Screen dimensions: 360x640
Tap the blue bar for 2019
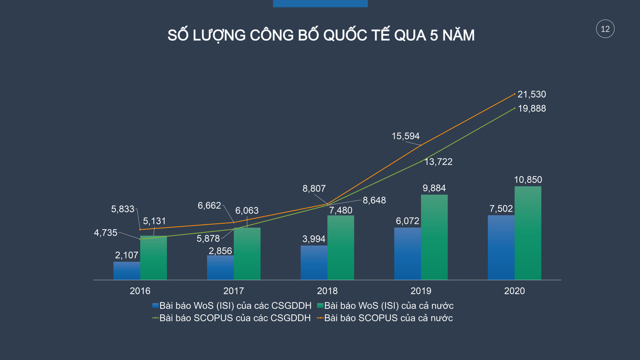pos(407,254)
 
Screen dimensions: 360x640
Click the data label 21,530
pos(531,94)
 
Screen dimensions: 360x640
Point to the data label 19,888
pos(531,109)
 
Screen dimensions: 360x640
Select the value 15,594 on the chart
pos(406,136)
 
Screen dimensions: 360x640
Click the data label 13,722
pos(438,162)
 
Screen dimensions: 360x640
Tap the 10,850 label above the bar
pos(528,180)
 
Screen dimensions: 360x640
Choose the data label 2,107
pos(127,255)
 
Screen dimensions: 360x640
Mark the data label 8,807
pos(314,188)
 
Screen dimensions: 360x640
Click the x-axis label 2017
pos(233,291)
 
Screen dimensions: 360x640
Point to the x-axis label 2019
pos(421,291)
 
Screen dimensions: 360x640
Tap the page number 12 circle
pos(605,29)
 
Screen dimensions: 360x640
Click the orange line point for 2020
pos(514,94)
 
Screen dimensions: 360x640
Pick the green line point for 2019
pos(421,161)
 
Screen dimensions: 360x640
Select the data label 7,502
pos(501,209)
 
